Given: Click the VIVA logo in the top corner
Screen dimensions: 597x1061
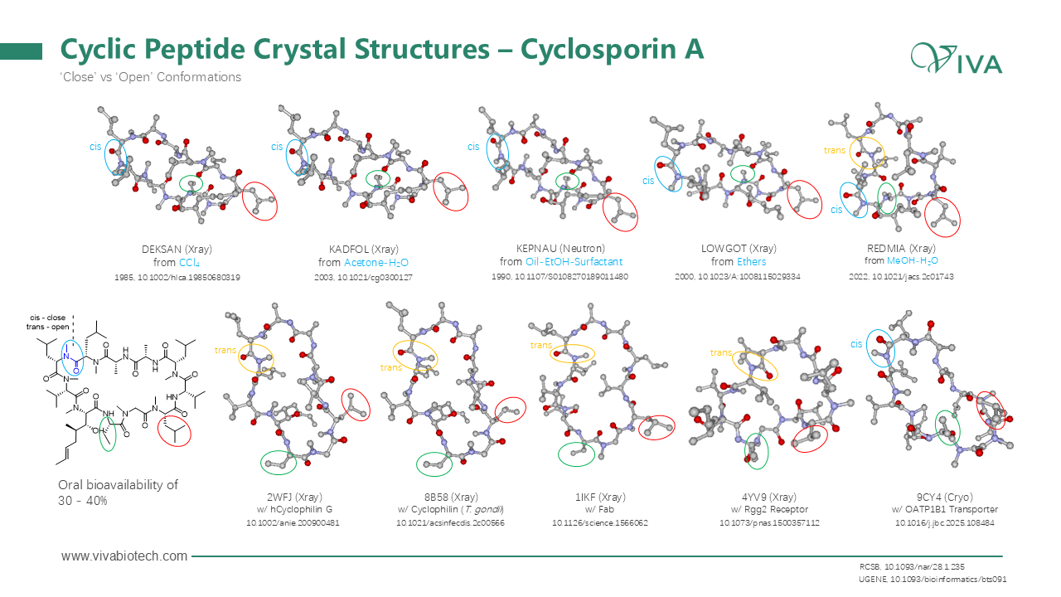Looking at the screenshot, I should [957, 60].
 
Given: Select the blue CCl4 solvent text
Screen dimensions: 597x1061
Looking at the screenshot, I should [190, 262].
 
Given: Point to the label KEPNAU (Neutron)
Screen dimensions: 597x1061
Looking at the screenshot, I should [560, 248].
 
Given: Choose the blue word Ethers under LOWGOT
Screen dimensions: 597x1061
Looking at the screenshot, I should [751, 262].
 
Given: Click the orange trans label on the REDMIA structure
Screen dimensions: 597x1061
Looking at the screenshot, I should [834, 150].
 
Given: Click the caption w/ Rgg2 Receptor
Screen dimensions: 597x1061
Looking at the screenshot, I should [763, 509].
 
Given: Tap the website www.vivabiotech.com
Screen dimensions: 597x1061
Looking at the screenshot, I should [124, 556].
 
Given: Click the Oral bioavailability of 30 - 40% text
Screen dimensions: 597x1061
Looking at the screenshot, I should [118, 493].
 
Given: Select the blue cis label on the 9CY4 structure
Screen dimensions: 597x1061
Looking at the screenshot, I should [856, 344].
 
